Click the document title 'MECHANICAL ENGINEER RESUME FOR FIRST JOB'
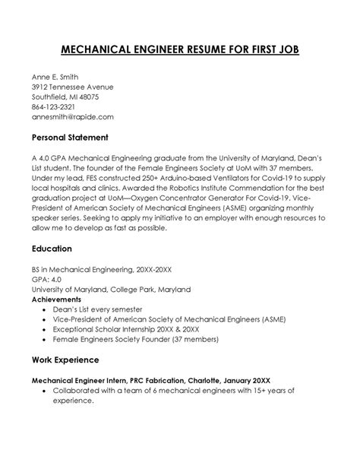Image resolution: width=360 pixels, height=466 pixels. [x=180, y=51]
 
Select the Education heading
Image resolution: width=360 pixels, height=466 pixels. [x=52, y=249]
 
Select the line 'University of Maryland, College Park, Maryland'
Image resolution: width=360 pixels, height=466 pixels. [x=111, y=290]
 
